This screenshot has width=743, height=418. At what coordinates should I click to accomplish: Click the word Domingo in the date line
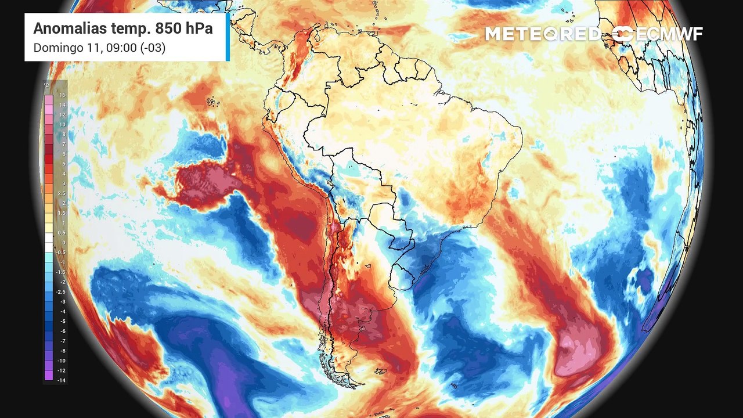56,48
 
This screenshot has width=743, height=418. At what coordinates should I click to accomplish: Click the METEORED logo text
543,34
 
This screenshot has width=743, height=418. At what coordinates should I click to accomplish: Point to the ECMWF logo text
668,34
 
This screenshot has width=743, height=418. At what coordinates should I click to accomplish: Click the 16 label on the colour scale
62,95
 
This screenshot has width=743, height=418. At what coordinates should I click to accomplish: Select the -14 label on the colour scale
61,380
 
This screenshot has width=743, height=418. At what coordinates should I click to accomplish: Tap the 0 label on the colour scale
63,242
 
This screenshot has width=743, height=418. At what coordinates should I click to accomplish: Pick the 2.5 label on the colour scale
61,193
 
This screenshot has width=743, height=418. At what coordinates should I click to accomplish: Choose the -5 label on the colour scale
62,321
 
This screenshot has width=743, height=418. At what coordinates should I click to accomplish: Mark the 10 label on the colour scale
62,124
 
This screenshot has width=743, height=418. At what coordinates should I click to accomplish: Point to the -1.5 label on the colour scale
61,272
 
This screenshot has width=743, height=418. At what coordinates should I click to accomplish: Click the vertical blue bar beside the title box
228,37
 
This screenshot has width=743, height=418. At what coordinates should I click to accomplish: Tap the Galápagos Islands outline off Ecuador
212,102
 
